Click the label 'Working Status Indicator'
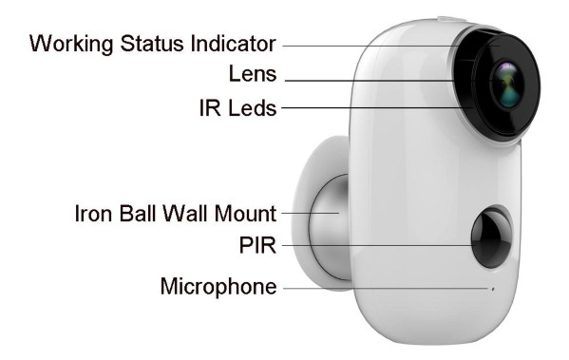point(152,44)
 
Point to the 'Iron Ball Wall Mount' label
point(175,213)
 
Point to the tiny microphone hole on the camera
point(492,286)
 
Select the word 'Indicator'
point(236,44)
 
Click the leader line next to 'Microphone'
point(380,286)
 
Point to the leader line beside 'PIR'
point(380,246)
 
